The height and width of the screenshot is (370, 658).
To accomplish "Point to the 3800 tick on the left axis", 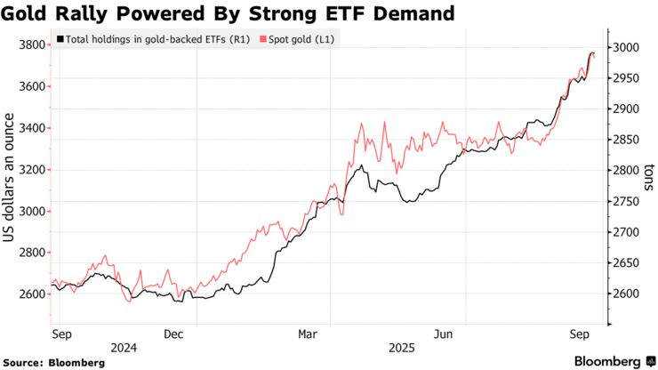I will pos(33,44).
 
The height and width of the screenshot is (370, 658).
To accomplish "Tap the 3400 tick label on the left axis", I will pos(33,128).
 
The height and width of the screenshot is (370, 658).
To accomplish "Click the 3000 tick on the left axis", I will pos(33,212).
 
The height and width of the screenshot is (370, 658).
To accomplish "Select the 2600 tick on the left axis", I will pos(33,294).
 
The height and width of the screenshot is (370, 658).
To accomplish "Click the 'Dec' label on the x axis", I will pos(173,334).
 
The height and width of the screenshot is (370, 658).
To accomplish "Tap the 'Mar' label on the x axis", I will pos(307,334).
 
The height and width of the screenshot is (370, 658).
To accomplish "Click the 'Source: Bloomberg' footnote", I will pos(54,363).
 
